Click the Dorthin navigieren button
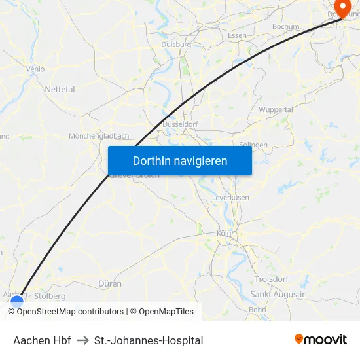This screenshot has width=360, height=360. pyautogui.click(x=180, y=160)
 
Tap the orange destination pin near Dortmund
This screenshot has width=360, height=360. pyautogui.click(x=340, y=8)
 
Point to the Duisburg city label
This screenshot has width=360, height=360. pyautogui.click(x=175, y=45)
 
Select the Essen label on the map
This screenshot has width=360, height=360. pyautogui.click(x=237, y=35)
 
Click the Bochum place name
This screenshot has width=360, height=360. pyautogui.click(x=285, y=27)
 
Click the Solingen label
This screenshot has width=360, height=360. pyautogui.click(x=253, y=145)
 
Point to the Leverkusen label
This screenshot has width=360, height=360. pyautogui.click(x=230, y=197)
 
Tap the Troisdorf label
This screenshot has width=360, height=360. pyautogui.click(x=271, y=279)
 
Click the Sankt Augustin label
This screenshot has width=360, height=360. pyautogui.click(x=278, y=295)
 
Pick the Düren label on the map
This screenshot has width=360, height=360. pyautogui.click(x=110, y=284)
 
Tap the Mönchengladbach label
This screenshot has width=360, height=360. pyautogui.click(x=99, y=136)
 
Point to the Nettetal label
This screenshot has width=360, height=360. pyautogui.click(x=60, y=89)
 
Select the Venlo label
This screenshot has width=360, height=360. pyautogui.click(x=35, y=69)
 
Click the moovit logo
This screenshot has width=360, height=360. pyautogui.click(x=321, y=340)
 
